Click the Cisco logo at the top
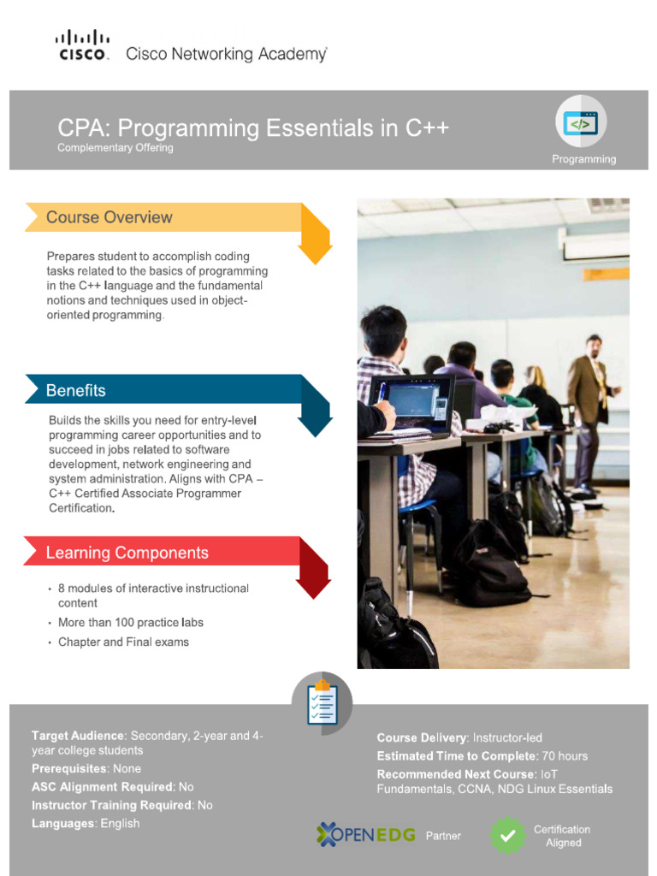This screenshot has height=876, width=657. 83,44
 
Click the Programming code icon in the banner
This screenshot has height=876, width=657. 580,122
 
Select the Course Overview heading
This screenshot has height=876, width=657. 109,217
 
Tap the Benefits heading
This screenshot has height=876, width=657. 76,391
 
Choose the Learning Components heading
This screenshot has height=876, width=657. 127,553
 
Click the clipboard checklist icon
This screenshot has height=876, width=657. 322,704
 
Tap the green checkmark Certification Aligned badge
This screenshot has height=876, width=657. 507,836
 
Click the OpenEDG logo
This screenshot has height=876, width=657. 368,835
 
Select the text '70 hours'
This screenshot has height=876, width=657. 565,756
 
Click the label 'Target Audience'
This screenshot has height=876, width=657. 78,736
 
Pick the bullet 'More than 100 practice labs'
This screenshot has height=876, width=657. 131,623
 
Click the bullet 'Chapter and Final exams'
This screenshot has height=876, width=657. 123,642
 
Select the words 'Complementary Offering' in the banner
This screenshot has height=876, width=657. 115,148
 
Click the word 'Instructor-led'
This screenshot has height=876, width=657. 507,738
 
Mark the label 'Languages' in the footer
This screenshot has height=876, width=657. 62,824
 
